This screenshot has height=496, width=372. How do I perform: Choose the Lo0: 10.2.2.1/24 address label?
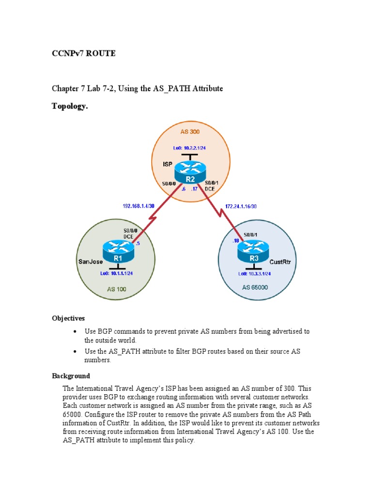pyautogui.click(x=190, y=147)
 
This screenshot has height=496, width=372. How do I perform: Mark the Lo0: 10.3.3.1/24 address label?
pyautogui.click(x=254, y=274)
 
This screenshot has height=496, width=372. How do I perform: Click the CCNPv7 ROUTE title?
pyautogui.click(x=84, y=54)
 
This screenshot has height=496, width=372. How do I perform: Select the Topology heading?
pyautogui.click(x=70, y=107)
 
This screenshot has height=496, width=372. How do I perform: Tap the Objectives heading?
pyautogui.click(x=68, y=318)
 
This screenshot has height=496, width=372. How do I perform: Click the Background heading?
pyautogui.click(x=71, y=376)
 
